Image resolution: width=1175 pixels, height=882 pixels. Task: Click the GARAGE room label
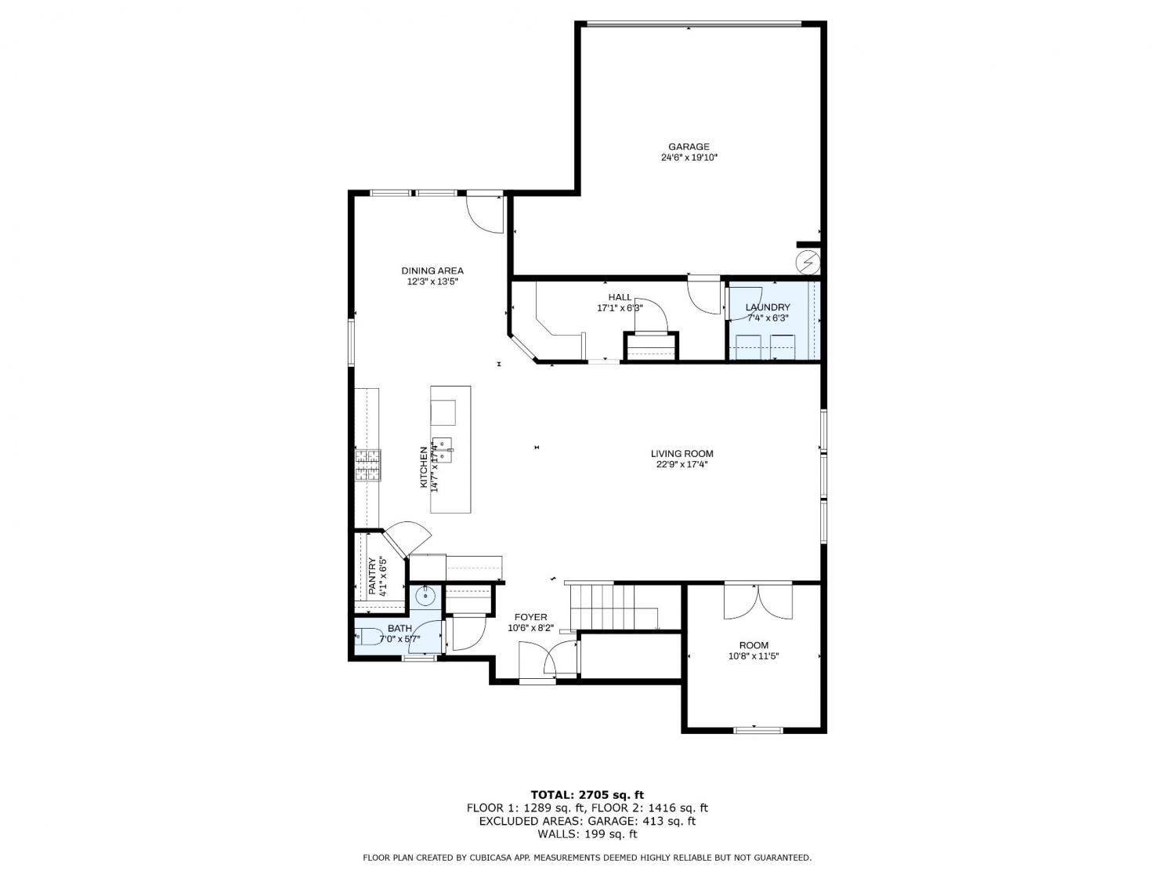pos(689,146)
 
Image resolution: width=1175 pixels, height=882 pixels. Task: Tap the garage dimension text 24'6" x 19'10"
pos(689,158)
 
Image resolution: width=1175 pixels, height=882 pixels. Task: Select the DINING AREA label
pos(432,270)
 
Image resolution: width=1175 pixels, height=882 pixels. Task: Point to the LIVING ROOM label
pos(682,454)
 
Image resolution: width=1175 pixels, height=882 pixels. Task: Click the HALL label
pos(620,297)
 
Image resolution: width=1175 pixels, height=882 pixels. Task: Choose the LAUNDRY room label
pos(768,307)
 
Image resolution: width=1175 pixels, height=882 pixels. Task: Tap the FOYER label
pos(530,617)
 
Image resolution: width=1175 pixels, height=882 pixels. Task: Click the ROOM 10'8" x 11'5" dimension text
pos(754,656)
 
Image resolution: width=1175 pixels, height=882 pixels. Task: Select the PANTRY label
pos(372,575)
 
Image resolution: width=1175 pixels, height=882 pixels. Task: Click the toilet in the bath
pos(369,636)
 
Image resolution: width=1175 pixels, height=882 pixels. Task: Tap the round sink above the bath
pos(425,596)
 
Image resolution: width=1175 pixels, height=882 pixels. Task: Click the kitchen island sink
pos(443,450)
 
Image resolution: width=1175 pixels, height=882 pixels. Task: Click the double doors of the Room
pos(757,602)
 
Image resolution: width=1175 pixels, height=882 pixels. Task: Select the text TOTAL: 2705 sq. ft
pos(587,795)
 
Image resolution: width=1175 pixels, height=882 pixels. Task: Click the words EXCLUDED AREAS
pos(530,820)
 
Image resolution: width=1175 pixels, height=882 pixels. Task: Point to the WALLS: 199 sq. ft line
pos(587,833)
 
